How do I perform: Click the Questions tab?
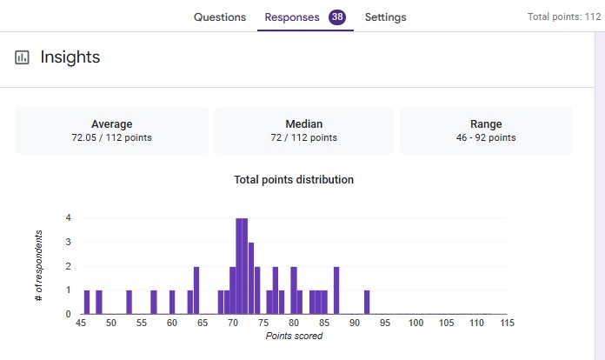coord(219,17)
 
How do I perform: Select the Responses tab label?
coord(292,17)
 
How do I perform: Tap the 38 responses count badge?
coord(337,17)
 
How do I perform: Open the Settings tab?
coord(385,17)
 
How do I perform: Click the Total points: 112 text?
coord(564,17)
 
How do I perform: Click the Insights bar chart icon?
coord(22,57)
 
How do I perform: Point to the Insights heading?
coord(70,57)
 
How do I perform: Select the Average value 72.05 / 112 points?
coord(112,137)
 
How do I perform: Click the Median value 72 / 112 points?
coord(304,137)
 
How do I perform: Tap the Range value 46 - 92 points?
coord(486,137)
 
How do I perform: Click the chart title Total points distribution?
coord(294,180)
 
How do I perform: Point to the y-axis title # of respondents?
coord(38,266)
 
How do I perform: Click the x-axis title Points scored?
coord(294,336)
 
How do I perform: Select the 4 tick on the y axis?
coord(68,217)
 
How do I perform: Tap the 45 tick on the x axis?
coord(81,323)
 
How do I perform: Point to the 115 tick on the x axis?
coord(508,323)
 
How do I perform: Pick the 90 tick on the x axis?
coord(356,323)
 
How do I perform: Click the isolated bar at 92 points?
coord(367,302)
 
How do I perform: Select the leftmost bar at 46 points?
coord(87,302)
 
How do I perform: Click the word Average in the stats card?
coord(112,123)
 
